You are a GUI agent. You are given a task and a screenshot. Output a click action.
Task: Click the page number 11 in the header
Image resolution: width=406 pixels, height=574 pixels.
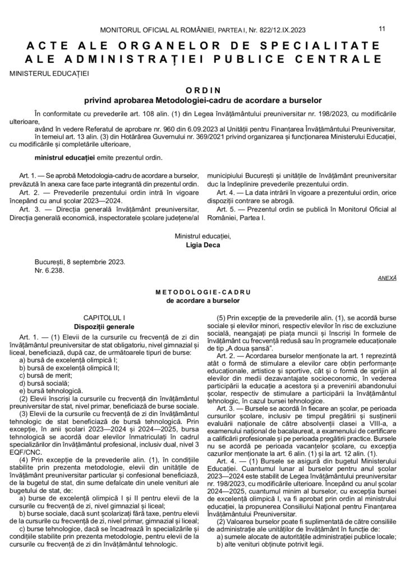click(382, 27)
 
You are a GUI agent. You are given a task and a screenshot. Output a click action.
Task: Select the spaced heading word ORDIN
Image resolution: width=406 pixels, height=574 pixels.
click(202, 90)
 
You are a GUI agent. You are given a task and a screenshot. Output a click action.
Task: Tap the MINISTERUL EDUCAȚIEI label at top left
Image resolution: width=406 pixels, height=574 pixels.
click(49, 72)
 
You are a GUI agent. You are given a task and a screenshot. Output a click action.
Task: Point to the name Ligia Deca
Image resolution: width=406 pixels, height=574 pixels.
click(202, 244)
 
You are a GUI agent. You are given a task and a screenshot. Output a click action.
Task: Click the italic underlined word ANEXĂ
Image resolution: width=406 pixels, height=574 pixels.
click(385, 277)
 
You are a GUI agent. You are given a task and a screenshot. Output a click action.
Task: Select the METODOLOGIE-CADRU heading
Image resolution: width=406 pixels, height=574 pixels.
click(202, 293)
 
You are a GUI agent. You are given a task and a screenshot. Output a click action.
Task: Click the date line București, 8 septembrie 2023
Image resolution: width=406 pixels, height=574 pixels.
click(79, 261)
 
